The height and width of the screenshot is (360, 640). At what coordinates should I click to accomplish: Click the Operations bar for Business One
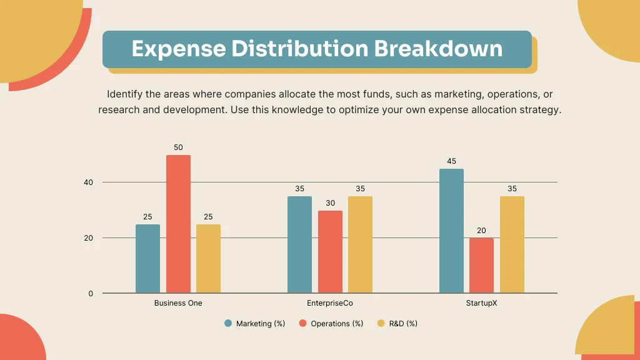coord(178,224)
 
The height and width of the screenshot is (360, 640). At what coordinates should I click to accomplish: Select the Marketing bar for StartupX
coord(451,231)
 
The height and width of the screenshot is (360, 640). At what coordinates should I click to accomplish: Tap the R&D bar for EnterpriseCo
coord(360,245)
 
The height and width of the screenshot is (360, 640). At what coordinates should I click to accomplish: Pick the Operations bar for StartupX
coord(481,266)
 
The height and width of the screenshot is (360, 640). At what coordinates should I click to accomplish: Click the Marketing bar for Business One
coord(147,259)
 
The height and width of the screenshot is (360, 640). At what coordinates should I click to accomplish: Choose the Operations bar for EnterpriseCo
coord(330,252)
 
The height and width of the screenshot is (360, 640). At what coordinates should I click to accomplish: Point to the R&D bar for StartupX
coord(512,245)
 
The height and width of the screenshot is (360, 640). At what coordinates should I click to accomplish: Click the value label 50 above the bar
coord(178,147)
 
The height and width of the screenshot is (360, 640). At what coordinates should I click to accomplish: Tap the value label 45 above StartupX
coord(451,161)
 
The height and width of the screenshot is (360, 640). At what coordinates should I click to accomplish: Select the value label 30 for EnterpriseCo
coord(330,203)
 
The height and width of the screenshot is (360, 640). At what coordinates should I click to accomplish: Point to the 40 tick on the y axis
coord(89,182)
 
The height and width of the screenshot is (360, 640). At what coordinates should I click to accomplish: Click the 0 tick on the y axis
coord(91,294)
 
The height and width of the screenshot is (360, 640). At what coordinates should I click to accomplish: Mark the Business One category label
coord(178,303)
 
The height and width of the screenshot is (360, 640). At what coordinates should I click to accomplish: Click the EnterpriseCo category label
coord(330,303)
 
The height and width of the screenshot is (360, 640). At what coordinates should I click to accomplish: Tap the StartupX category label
coord(481,303)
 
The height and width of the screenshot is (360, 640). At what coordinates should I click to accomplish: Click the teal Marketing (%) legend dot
coord(228,324)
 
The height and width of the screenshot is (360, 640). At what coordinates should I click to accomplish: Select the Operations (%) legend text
coord(337,324)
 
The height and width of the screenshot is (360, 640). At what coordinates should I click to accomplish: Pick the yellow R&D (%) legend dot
coord(381,324)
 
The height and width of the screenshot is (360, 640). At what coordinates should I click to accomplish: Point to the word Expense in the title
coord(177,49)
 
